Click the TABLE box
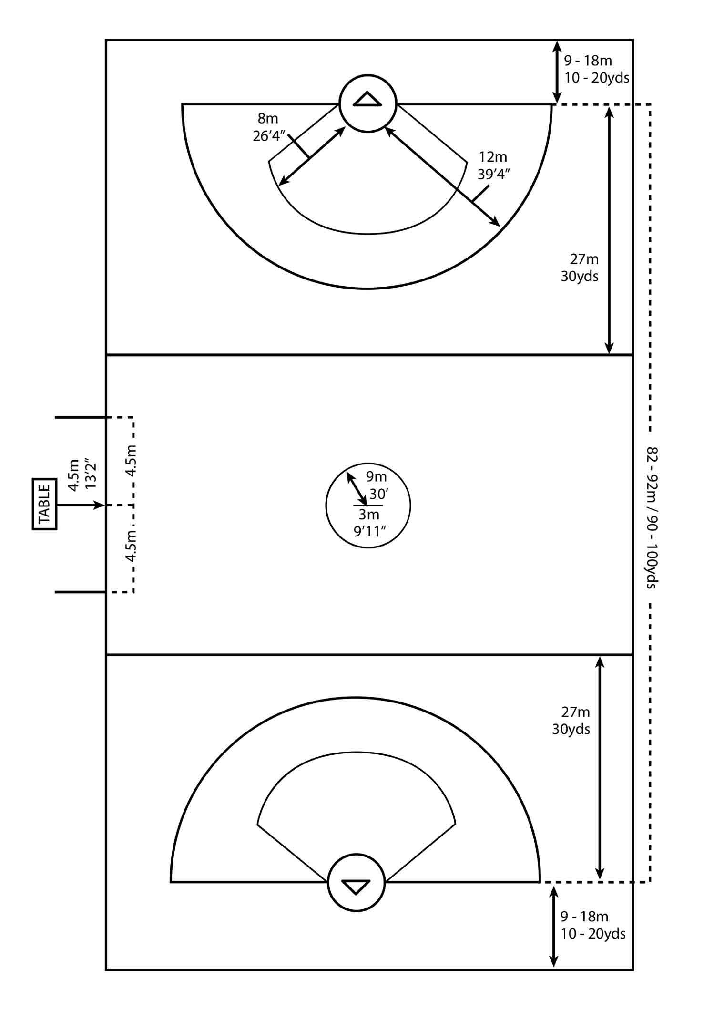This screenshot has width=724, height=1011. click(44, 504)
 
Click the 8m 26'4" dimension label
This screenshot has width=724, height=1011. click(268, 127)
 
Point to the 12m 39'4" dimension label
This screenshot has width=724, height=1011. click(494, 165)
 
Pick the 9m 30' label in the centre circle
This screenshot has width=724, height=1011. click(377, 485)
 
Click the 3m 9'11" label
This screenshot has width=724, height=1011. click(369, 523)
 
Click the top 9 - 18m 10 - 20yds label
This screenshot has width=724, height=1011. click(597, 69)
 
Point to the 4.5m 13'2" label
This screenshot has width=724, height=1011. click(82, 474)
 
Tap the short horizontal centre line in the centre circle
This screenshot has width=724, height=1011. click(367, 505)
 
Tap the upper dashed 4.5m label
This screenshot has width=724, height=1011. click(131, 460)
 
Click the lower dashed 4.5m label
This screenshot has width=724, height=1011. click(131, 545)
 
